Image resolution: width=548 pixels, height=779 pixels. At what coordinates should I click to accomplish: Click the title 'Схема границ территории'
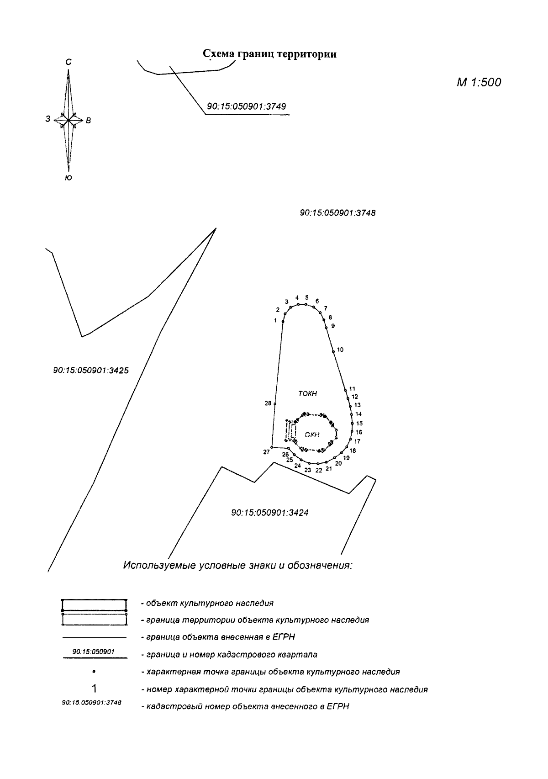point(269,54)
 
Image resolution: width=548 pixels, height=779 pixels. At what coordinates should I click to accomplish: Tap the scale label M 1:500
point(479,82)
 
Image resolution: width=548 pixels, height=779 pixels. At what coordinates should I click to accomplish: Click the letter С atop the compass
point(68,62)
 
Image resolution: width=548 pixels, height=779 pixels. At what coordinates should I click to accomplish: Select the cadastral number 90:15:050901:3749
point(246,106)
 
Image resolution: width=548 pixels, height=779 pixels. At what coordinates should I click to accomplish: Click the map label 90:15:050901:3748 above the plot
point(337,212)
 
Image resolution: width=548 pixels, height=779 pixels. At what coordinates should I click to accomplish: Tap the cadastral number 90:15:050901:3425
point(91,370)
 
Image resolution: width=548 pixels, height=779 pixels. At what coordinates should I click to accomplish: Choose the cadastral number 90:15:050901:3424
point(269,513)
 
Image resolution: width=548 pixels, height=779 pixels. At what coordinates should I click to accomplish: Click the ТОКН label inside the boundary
point(307,394)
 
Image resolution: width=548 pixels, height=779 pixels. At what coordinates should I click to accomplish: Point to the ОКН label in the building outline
point(312,435)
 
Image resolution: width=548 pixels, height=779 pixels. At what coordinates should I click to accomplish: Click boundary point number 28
point(275,404)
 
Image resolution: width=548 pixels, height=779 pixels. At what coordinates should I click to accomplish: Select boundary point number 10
point(333,351)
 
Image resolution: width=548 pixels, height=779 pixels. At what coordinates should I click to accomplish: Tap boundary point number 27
point(271,448)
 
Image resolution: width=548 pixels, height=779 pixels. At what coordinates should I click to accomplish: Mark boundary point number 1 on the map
point(283,322)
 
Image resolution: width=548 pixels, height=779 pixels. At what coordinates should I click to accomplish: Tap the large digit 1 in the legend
point(94,689)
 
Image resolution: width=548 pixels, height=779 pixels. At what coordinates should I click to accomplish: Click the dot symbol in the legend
point(94,672)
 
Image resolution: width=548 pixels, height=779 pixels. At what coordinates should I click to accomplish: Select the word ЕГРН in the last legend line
point(339,706)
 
